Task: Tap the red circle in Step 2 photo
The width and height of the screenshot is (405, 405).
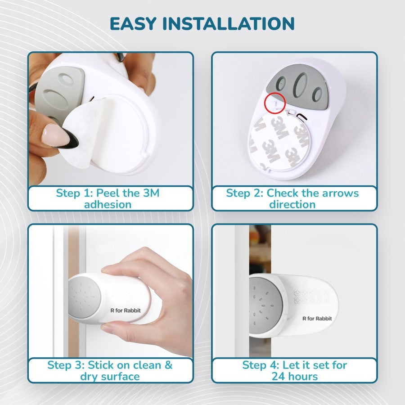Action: pyautogui.click(x=274, y=102)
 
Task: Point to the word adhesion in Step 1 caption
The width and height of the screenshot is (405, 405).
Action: pyautogui.click(x=108, y=204)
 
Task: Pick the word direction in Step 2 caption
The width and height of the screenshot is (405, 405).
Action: pyautogui.click(x=292, y=204)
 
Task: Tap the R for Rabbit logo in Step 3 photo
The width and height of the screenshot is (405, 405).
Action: pyautogui.click(x=126, y=310)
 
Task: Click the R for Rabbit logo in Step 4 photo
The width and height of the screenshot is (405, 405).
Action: pyautogui.click(x=317, y=319)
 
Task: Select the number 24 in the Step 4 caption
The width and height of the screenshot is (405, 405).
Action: pyautogui.click(x=278, y=376)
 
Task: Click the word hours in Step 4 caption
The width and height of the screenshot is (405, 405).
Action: pyautogui.click(x=302, y=376)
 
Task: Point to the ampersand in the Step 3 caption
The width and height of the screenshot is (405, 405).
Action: pyautogui.click(x=168, y=365)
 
